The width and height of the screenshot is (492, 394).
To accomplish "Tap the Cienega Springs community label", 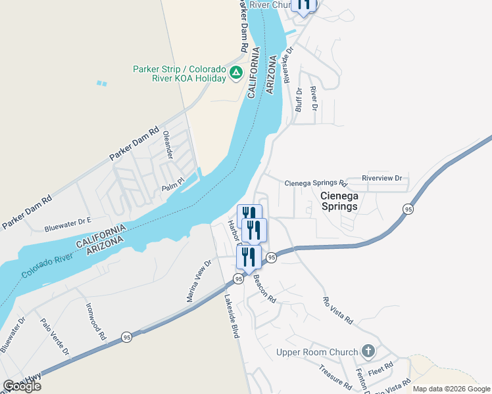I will pos(339,201).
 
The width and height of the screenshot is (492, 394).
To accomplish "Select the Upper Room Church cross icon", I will pos(368,351).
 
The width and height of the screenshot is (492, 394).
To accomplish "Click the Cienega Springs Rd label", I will pos(315,183).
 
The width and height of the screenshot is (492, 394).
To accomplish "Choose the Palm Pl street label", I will pos(173,188).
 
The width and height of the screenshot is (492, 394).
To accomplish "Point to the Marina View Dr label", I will pos(198,280).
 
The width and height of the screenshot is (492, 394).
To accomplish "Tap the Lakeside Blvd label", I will pos(231,315).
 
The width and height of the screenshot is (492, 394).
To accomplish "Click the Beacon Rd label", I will pos(264,288).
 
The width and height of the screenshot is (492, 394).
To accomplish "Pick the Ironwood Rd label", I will pos(95,320).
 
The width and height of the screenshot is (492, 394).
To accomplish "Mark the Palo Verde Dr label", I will pos(55,337).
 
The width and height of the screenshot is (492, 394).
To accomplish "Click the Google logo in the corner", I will pos(22,386).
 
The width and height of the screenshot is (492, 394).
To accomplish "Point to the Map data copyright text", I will pos(451,389).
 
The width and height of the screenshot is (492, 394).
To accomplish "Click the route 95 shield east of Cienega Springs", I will pos(408,209).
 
